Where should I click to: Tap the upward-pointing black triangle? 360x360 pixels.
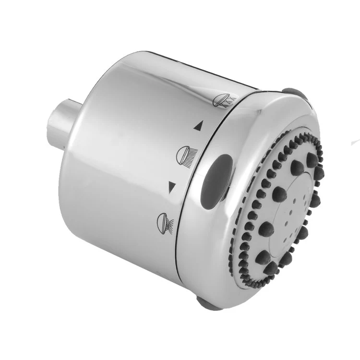(197, 126)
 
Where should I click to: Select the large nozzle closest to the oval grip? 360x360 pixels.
(279, 192)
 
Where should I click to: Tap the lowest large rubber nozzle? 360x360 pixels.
(264, 259)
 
